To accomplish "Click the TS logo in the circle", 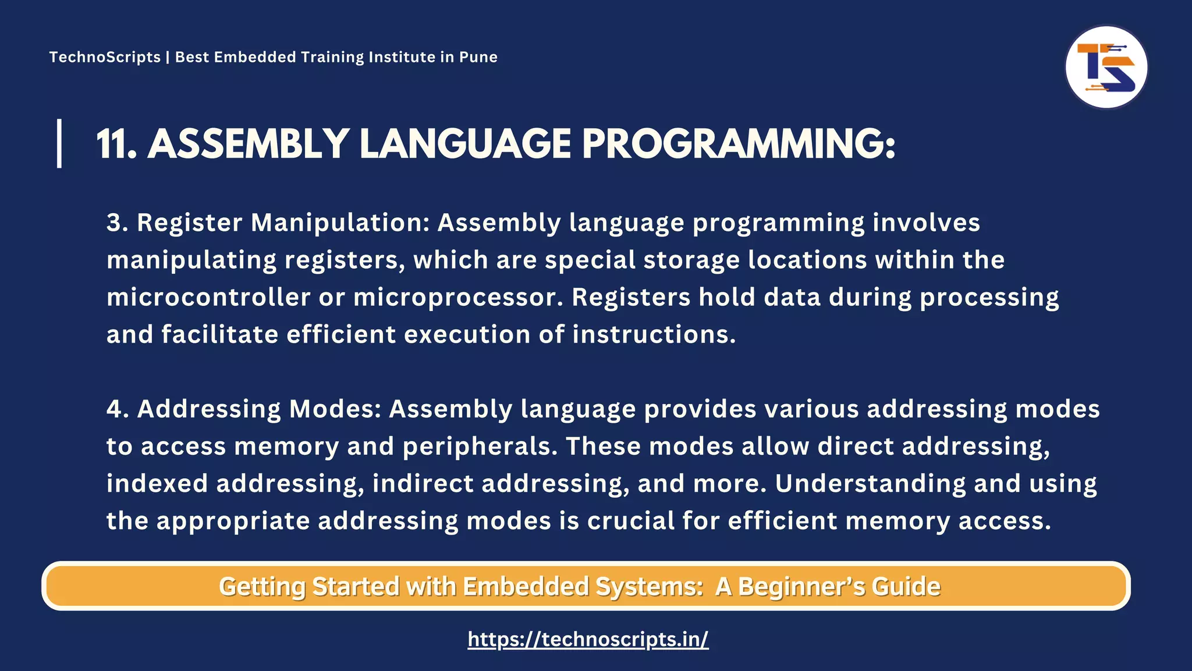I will (x=1106, y=68).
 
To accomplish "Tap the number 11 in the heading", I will (x=116, y=144).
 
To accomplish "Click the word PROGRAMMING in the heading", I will (x=738, y=144).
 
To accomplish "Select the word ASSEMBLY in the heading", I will (x=248, y=144).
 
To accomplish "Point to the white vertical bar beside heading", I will (x=59, y=143).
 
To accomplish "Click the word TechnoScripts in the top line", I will (x=105, y=57).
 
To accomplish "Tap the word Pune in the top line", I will (x=478, y=57).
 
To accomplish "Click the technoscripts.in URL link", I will (x=588, y=639).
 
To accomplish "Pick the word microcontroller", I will (x=208, y=297).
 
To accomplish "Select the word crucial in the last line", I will (x=630, y=521).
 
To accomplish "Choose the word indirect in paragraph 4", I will (x=423, y=483).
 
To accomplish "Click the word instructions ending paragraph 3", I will (x=654, y=334).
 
